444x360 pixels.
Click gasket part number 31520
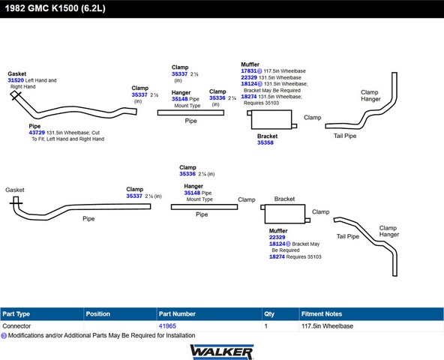[16, 80]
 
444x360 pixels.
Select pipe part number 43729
[37, 133]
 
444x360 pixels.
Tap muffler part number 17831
[249, 70]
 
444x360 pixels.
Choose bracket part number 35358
[265, 142]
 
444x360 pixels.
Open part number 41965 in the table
[167, 326]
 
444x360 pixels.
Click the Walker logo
[222, 352]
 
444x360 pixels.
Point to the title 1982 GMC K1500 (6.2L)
[55, 8]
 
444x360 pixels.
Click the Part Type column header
[16, 313]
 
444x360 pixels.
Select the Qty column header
[269, 313]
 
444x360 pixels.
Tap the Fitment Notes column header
[322, 313]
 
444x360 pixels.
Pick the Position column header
[98, 313]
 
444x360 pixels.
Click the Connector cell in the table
[16, 326]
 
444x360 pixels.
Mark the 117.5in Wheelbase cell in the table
[327, 326]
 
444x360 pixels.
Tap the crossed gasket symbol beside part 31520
[16, 95]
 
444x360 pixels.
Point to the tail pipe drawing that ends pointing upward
[394, 94]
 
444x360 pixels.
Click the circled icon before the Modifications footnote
[4, 336]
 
